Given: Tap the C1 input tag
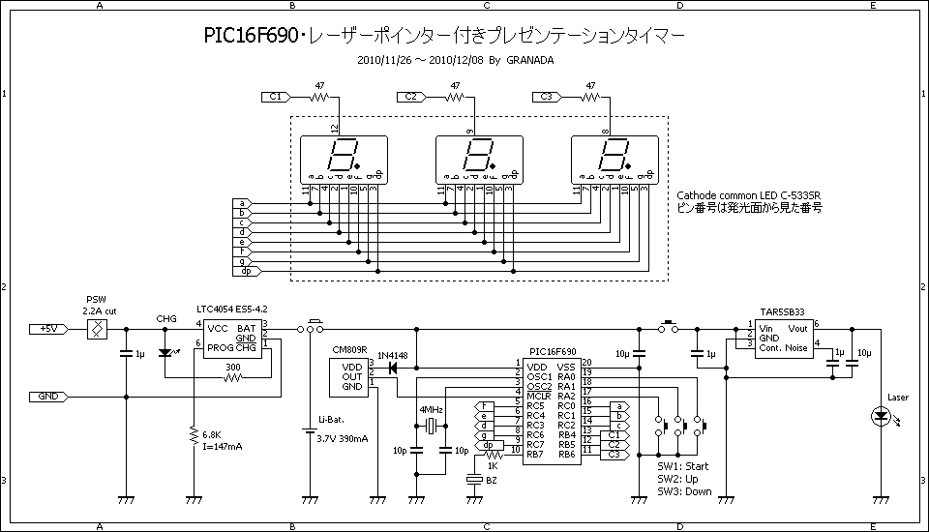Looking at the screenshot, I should [x=276, y=97].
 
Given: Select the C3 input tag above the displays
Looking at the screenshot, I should [x=547, y=97].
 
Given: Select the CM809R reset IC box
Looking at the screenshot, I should [x=349, y=376].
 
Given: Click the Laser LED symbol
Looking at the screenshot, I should [x=881, y=417].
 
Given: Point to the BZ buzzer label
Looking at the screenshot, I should [x=492, y=479].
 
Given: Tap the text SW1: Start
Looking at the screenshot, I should [x=682, y=467].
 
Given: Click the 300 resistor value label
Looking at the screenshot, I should [x=232, y=368].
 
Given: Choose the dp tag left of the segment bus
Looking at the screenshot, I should [x=246, y=271].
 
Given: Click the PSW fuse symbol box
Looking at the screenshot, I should [x=96, y=329].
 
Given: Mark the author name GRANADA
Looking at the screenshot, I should [x=530, y=59].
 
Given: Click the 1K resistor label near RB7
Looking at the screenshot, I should [x=494, y=465].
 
